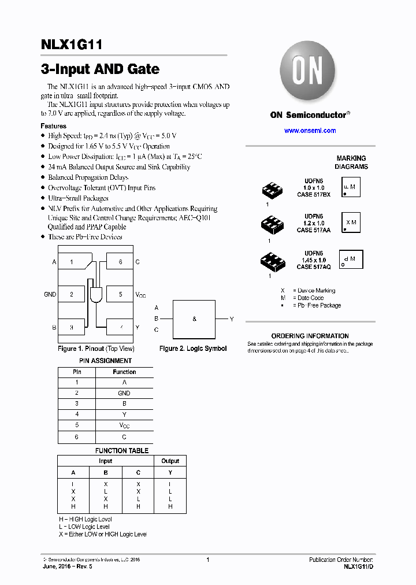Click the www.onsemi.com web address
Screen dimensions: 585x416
pyautogui.click(x=310, y=131)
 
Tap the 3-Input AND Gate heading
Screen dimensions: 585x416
pyautogui.click(x=100, y=69)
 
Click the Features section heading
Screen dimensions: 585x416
pyautogui.click(x=53, y=125)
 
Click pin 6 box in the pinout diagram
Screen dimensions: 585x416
pyautogui.click(x=120, y=262)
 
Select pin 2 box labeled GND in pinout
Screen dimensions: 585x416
pyautogui.click(x=72, y=294)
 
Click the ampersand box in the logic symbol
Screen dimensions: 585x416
pyautogui.click(x=195, y=319)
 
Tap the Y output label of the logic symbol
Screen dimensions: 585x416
pyautogui.click(x=232, y=319)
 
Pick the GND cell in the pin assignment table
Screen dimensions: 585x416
pyautogui.click(x=124, y=393)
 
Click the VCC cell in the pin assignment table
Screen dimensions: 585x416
pyautogui.click(x=124, y=425)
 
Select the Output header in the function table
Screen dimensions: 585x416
pyautogui.click(x=170, y=461)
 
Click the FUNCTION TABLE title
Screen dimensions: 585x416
pyautogui.click(x=122, y=450)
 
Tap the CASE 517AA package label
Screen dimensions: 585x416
pyautogui.click(x=313, y=230)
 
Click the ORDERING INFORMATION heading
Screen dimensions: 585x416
pyautogui.click(x=310, y=336)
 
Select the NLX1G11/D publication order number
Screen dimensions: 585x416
pyautogui.click(x=358, y=568)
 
